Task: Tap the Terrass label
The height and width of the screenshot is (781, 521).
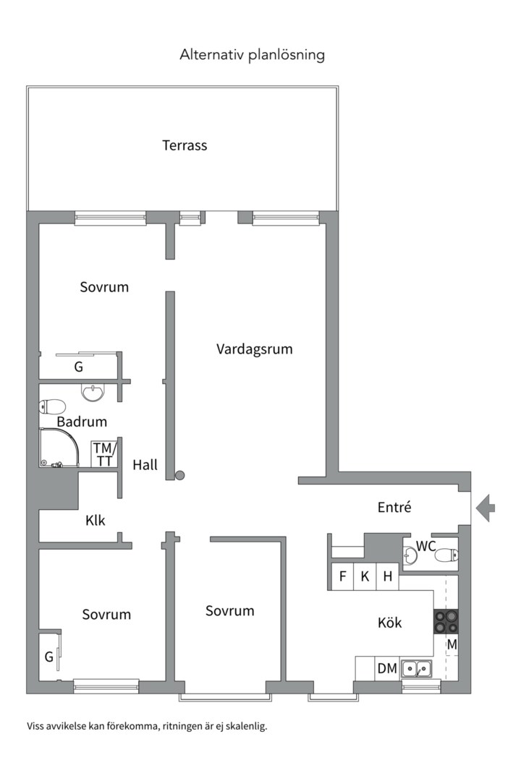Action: click(185, 145)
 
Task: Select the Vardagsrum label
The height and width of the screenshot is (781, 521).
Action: click(254, 349)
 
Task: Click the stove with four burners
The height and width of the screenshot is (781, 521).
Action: click(446, 622)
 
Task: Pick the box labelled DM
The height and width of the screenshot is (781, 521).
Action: click(387, 669)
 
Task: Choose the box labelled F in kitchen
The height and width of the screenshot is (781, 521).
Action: click(342, 576)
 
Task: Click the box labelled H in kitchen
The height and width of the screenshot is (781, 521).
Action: click(388, 576)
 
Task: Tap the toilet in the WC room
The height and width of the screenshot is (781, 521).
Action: click(446, 555)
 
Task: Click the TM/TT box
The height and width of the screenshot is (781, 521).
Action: click(104, 454)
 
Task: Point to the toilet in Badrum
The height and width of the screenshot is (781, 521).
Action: click(53, 406)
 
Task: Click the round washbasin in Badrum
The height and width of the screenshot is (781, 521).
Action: click(93, 393)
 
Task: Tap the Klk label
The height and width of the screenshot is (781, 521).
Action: click(96, 519)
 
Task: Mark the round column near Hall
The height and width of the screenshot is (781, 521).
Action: click(180, 475)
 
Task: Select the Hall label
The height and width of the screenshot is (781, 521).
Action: click(145, 465)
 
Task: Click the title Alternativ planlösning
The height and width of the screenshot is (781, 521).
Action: click(253, 55)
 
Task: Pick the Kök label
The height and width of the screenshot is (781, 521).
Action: click(390, 623)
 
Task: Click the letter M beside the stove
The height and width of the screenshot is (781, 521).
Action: click(452, 644)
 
